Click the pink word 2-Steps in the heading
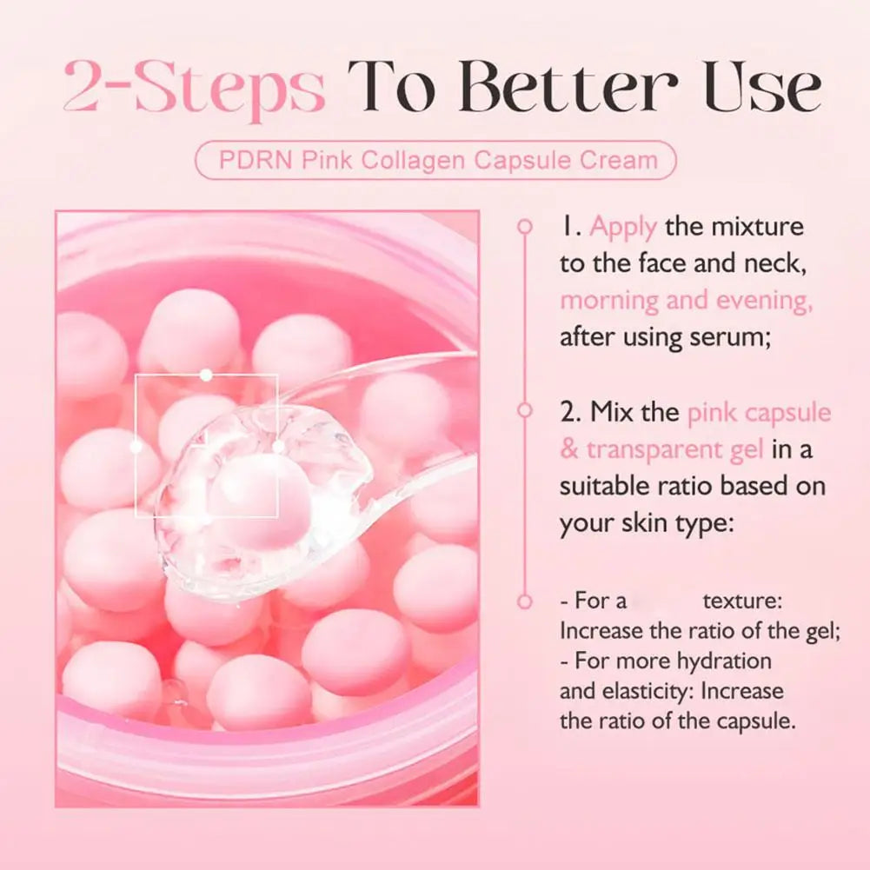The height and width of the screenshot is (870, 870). (194, 88)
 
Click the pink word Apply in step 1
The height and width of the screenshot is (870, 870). (622, 228)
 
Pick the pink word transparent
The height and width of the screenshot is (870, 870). (663, 449)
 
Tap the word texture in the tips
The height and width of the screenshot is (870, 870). (740, 601)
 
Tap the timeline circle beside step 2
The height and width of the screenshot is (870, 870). (524, 410)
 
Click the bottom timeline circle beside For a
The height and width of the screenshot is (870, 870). (524, 601)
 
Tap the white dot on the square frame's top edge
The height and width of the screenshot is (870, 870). (206, 375)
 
